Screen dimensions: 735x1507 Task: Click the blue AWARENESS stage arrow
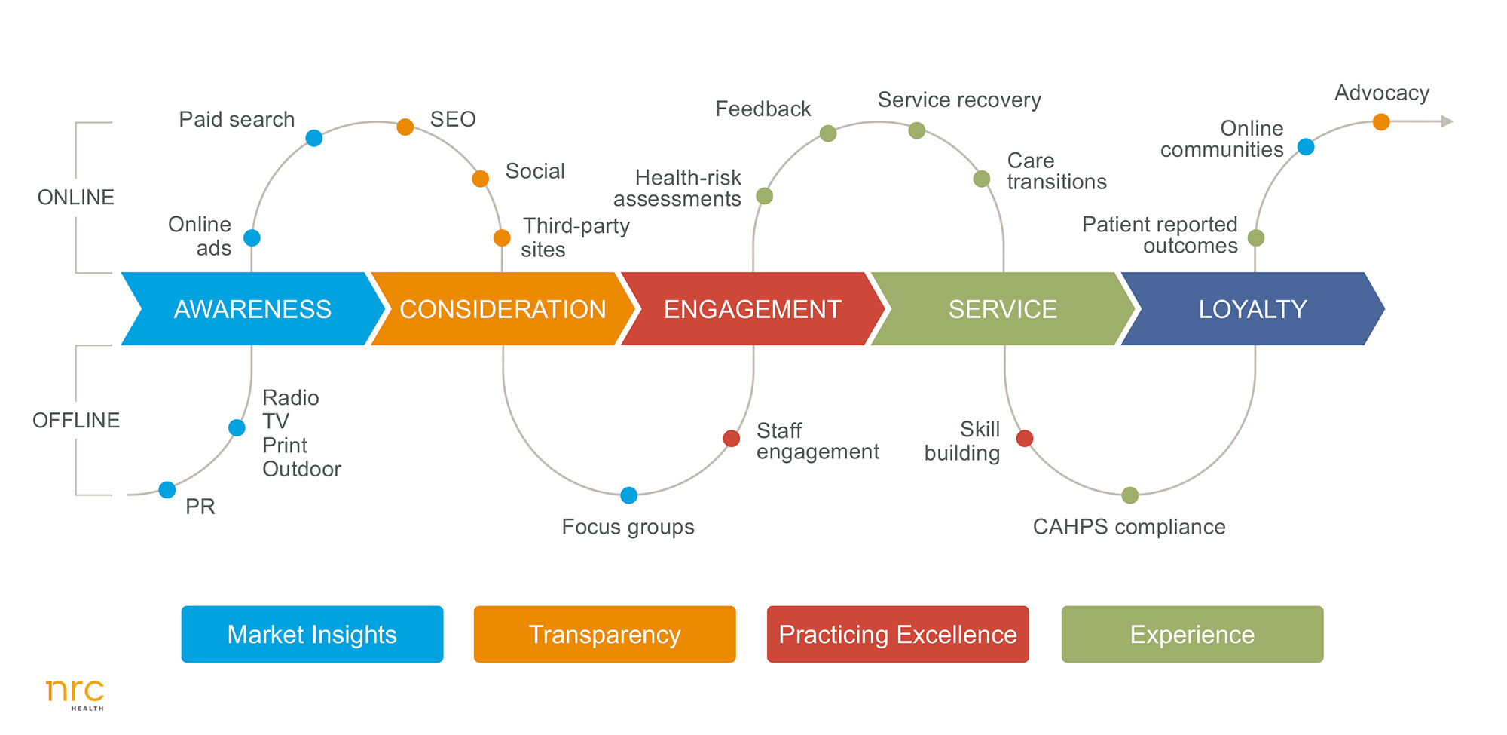point(252,309)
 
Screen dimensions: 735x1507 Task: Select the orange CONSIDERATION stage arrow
point(503,309)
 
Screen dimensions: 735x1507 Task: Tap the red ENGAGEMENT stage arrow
point(752,309)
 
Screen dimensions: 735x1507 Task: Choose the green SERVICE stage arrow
point(1002,309)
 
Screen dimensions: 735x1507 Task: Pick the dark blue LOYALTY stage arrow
point(1252,309)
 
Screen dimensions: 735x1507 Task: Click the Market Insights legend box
point(312,634)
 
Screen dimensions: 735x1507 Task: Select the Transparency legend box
point(604,634)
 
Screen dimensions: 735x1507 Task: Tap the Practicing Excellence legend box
point(897,634)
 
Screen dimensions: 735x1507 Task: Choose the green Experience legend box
point(1192,634)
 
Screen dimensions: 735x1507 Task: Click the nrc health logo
point(75,694)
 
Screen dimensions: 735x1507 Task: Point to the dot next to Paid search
point(314,138)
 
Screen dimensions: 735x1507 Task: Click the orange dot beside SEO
point(405,127)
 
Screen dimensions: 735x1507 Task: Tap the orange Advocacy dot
point(1381,121)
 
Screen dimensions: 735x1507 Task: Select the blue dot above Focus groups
point(629,495)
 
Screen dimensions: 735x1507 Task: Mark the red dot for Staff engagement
point(731,438)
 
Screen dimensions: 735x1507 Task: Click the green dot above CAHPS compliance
point(1129,495)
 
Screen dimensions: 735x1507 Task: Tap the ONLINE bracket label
point(76,198)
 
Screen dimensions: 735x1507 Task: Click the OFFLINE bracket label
point(76,421)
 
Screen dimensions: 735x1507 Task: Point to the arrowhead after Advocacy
point(1447,121)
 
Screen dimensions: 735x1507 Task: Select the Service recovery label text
point(959,100)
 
